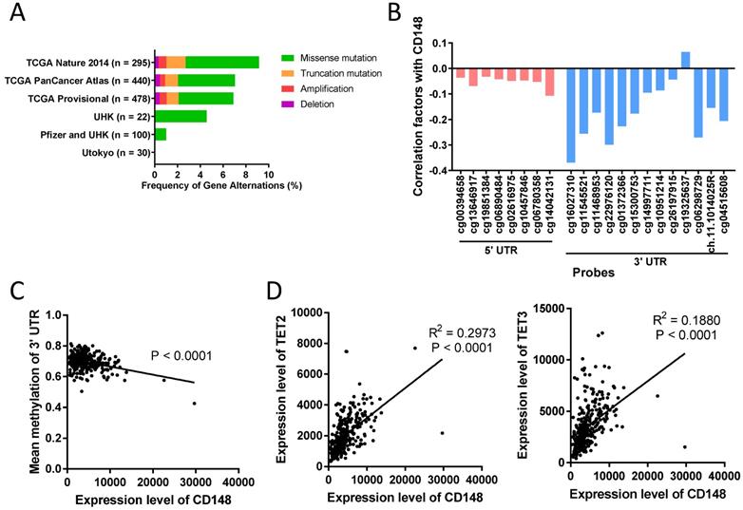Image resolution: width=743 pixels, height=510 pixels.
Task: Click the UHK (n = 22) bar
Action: pyautogui.click(x=181, y=116)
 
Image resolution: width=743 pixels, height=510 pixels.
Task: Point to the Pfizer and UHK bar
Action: pyautogui.click(x=161, y=134)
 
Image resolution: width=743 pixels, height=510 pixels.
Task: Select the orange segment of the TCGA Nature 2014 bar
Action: pyautogui.click(x=176, y=62)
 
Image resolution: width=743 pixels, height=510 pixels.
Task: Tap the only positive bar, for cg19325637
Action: pyautogui.click(x=685, y=60)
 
